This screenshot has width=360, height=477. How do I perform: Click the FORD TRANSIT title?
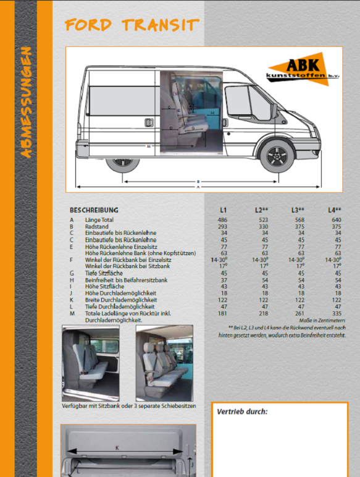132,25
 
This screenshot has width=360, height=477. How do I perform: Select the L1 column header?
223,210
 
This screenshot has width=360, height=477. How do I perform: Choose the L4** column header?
334,210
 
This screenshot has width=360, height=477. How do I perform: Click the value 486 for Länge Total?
223,220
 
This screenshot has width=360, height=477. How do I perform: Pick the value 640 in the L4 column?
337,220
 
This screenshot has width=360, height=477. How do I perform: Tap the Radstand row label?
97,226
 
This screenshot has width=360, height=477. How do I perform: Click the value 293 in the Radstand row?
223,226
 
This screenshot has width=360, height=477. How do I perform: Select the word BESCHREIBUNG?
94,210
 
